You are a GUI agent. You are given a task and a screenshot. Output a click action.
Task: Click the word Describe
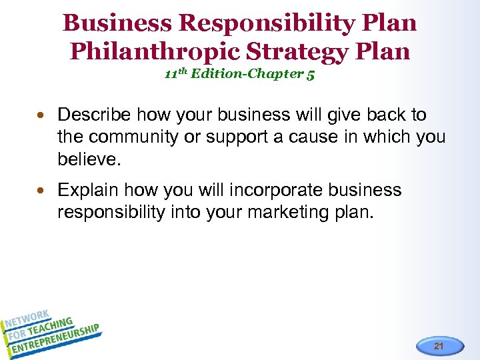tap(95, 115)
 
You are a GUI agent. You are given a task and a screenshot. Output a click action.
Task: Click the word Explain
tap(89, 191)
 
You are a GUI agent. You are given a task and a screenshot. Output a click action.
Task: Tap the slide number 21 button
tap(438, 346)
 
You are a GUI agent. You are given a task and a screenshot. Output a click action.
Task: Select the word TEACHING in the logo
tap(52, 325)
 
